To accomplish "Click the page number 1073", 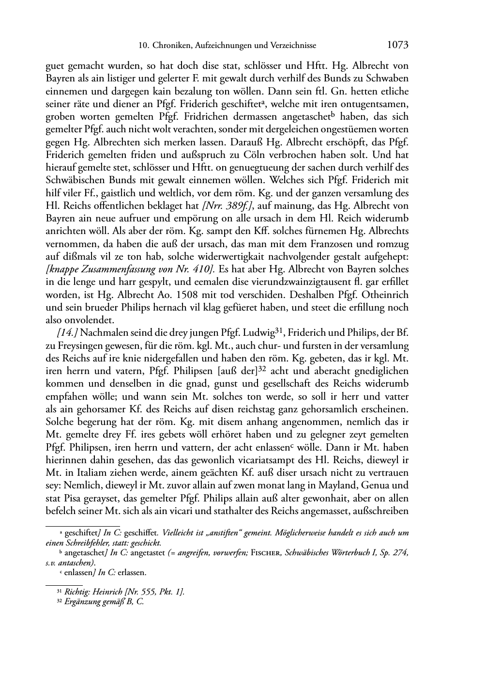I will point(398,45).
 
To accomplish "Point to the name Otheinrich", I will point(385,295).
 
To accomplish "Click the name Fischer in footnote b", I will point(266,553).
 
